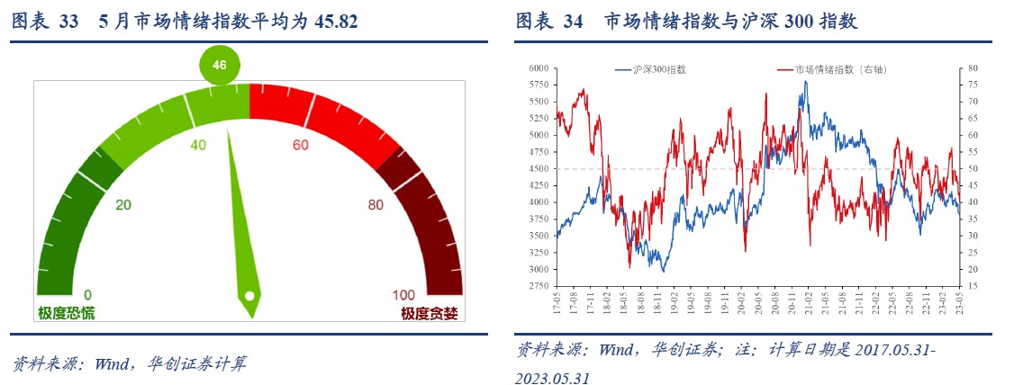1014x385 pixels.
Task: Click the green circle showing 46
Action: (220, 65)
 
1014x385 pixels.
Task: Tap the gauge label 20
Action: (123, 204)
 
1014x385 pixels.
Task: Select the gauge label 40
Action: (199, 145)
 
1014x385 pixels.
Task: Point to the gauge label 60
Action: (301, 145)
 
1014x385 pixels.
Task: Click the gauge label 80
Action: (376, 204)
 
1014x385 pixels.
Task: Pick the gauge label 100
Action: (403, 295)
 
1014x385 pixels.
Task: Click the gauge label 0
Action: (87, 295)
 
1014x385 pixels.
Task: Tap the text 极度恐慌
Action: (66, 313)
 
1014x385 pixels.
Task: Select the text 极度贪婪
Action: (430, 313)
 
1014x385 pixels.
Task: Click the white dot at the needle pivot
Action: (249, 295)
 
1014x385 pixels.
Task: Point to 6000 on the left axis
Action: (539, 67)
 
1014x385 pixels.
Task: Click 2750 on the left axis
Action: (539, 286)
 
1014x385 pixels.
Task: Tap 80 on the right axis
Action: (973, 67)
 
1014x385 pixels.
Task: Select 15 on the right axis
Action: (973, 286)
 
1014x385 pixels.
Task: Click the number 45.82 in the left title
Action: (337, 22)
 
